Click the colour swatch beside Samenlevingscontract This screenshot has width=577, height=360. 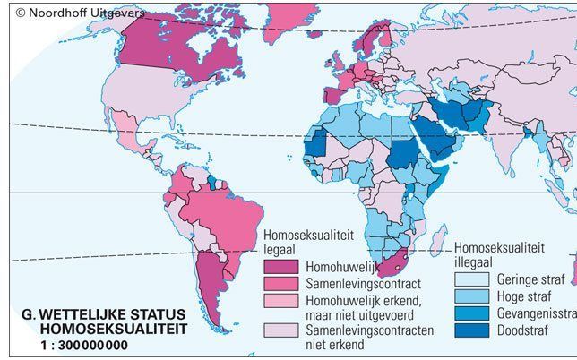[280, 281]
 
